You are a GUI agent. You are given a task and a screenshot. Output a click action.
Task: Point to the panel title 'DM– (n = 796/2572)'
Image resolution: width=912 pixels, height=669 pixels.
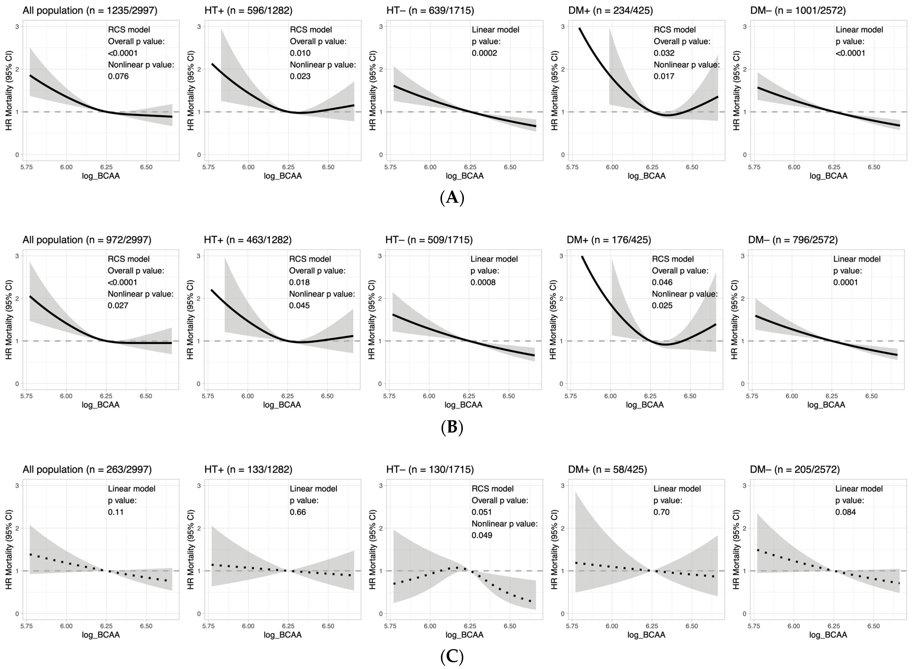(793, 240)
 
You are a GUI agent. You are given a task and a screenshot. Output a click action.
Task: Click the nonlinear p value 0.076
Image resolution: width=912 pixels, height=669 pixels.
(118, 76)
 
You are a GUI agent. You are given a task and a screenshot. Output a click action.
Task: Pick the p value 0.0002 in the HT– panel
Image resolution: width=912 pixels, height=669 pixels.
(484, 53)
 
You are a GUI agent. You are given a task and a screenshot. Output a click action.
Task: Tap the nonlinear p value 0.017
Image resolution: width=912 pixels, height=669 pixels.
(664, 76)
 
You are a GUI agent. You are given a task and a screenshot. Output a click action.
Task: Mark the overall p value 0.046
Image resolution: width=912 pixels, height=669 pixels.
(662, 282)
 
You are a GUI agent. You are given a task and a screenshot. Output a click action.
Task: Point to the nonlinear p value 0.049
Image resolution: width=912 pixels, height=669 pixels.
(482, 535)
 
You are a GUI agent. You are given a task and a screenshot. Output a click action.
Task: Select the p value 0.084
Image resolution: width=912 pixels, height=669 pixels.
(846, 512)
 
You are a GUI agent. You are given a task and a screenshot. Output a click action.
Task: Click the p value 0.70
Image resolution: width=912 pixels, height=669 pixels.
(662, 512)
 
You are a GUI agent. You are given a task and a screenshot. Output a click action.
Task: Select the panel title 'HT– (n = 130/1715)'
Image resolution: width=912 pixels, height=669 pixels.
(430, 469)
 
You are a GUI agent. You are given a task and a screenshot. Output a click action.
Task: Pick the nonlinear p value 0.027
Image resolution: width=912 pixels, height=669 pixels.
(118, 305)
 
